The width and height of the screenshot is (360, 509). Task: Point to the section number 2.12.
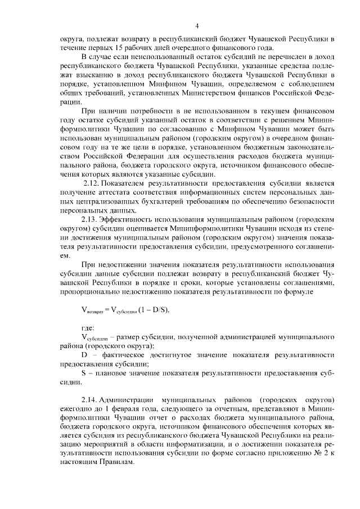coord(91,183)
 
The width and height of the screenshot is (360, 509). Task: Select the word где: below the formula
coord(88,327)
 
